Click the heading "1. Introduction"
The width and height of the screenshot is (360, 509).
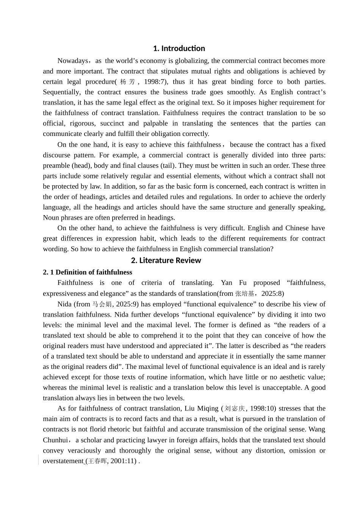point(179,48)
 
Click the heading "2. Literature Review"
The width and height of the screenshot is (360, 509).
point(166,260)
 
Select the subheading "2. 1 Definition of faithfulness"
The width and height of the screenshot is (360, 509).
point(88,272)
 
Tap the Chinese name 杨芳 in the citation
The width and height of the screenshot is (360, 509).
point(127,82)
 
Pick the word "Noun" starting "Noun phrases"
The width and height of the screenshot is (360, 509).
point(51,218)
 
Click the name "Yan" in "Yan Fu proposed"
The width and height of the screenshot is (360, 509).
point(227,283)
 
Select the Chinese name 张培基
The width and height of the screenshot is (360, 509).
point(244,294)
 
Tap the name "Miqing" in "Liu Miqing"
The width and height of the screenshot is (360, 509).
point(208,409)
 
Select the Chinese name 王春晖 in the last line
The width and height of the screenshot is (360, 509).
point(97,461)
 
